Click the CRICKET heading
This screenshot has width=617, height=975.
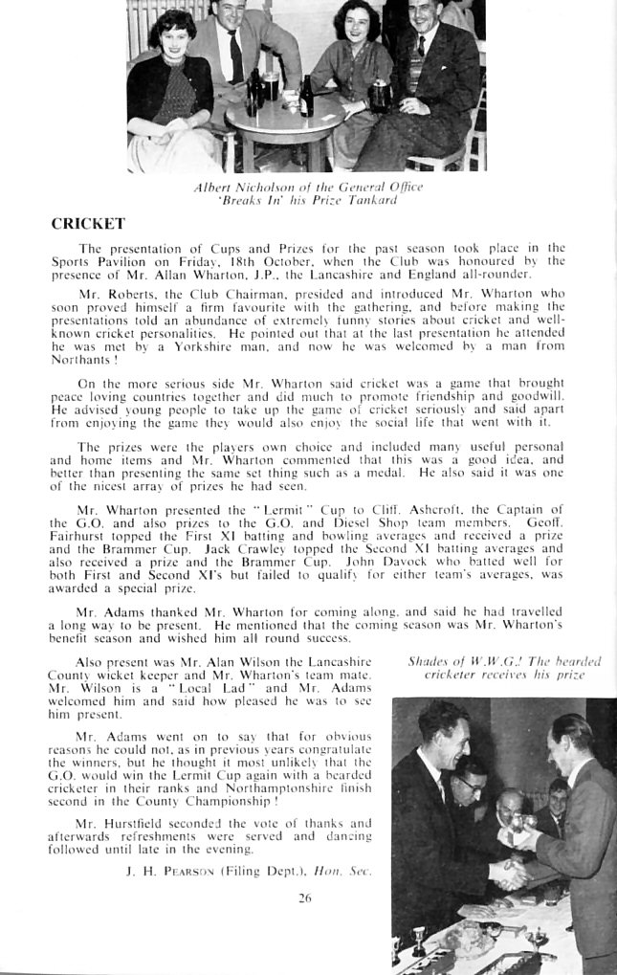(88, 224)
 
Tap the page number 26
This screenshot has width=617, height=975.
(305, 897)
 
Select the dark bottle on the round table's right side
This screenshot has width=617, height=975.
(306, 98)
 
